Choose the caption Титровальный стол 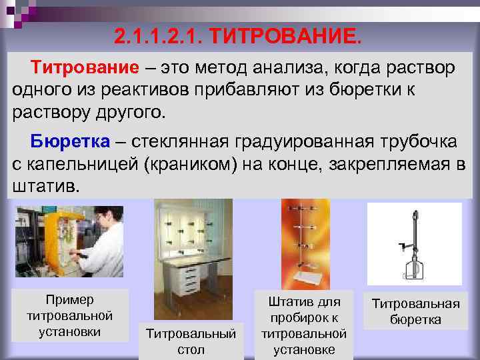coord(191,341)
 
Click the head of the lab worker coord(105,217)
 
